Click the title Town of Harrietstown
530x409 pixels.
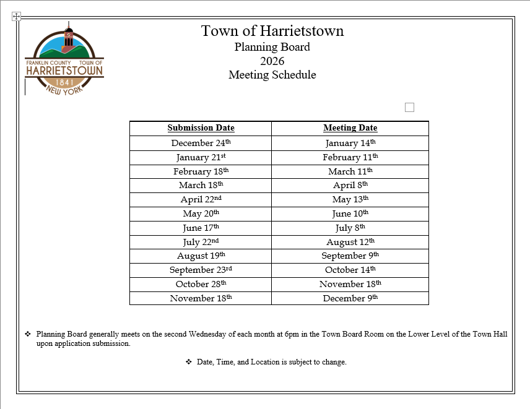pyautogui.click(x=272, y=31)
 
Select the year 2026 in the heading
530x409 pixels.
pyautogui.click(x=272, y=61)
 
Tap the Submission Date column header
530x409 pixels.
pyautogui.click(x=201, y=128)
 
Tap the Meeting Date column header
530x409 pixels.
pyautogui.click(x=350, y=128)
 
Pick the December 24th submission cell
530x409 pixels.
pyautogui.click(x=201, y=143)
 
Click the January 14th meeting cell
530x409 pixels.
pyautogui.click(x=350, y=143)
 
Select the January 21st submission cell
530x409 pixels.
pyautogui.click(x=201, y=157)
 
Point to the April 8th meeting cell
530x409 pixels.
pyautogui.click(x=350, y=185)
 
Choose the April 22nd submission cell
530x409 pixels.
pyautogui.click(x=201, y=199)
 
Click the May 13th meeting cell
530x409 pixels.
pyautogui.click(x=350, y=199)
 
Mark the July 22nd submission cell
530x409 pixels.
pyautogui.click(x=201, y=242)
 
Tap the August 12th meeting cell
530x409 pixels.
pyautogui.click(x=350, y=242)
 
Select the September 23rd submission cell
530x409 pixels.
pyautogui.click(x=201, y=270)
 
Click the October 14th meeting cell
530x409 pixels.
pyautogui.click(x=350, y=270)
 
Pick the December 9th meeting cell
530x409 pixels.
pyautogui.click(x=350, y=298)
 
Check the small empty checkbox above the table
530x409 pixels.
pyautogui.click(x=409, y=108)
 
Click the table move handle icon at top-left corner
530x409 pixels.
pyautogui.click(x=17, y=17)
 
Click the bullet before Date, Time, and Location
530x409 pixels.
pyautogui.click(x=189, y=362)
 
